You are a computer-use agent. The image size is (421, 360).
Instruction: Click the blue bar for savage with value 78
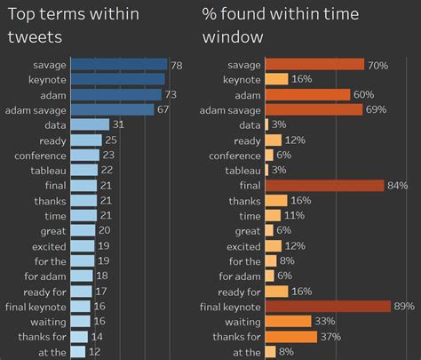[118, 64]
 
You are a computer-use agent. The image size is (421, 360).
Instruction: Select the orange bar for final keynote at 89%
[329, 306]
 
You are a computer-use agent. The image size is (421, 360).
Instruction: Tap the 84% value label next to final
[397, 185]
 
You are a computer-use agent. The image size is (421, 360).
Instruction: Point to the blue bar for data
[90, 124]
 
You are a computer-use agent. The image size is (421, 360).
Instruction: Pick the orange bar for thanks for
[291, 336]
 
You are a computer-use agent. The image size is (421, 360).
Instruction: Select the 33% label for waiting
[324, 321]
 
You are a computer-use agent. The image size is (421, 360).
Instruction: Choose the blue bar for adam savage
[112, 109]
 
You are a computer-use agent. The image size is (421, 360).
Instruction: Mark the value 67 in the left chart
[163, 109]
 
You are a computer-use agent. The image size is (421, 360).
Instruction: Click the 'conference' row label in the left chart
[39, 155]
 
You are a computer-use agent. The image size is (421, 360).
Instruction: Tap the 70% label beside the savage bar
[377, 64]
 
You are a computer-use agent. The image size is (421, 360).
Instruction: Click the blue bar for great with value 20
[83, 230]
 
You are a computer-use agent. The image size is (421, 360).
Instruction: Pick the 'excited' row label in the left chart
[48, 245]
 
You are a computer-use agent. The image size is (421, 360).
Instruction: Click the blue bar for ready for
[82, 291]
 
